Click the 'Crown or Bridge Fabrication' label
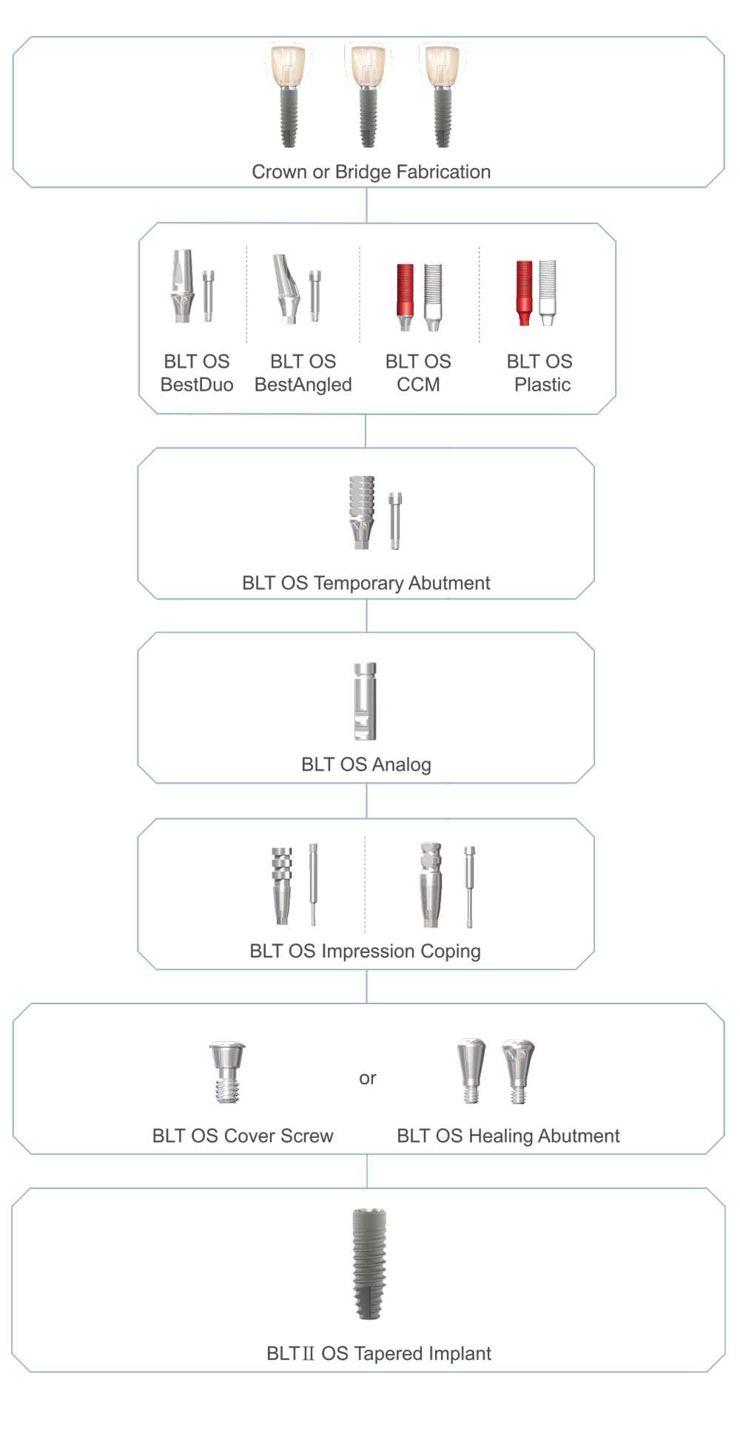(x=371, y=172)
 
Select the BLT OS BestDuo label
(x=196, y=373)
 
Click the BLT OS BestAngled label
(x=303, y=373)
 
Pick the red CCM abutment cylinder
(x=405, y=293)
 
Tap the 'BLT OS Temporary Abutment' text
(x=366, y=583)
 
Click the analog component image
(x=365, y=701)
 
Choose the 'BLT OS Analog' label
(x=366, y=764)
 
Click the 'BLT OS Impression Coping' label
(x=365, y=951)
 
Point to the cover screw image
(x=227, y=1072)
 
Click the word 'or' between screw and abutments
(x=367, y=1078)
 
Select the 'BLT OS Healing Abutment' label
(x=508, y=1136)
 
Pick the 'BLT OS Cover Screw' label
(x=243, y=1136)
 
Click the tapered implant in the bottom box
(x=369, y=1264)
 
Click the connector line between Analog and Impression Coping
(x=366, y=801)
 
